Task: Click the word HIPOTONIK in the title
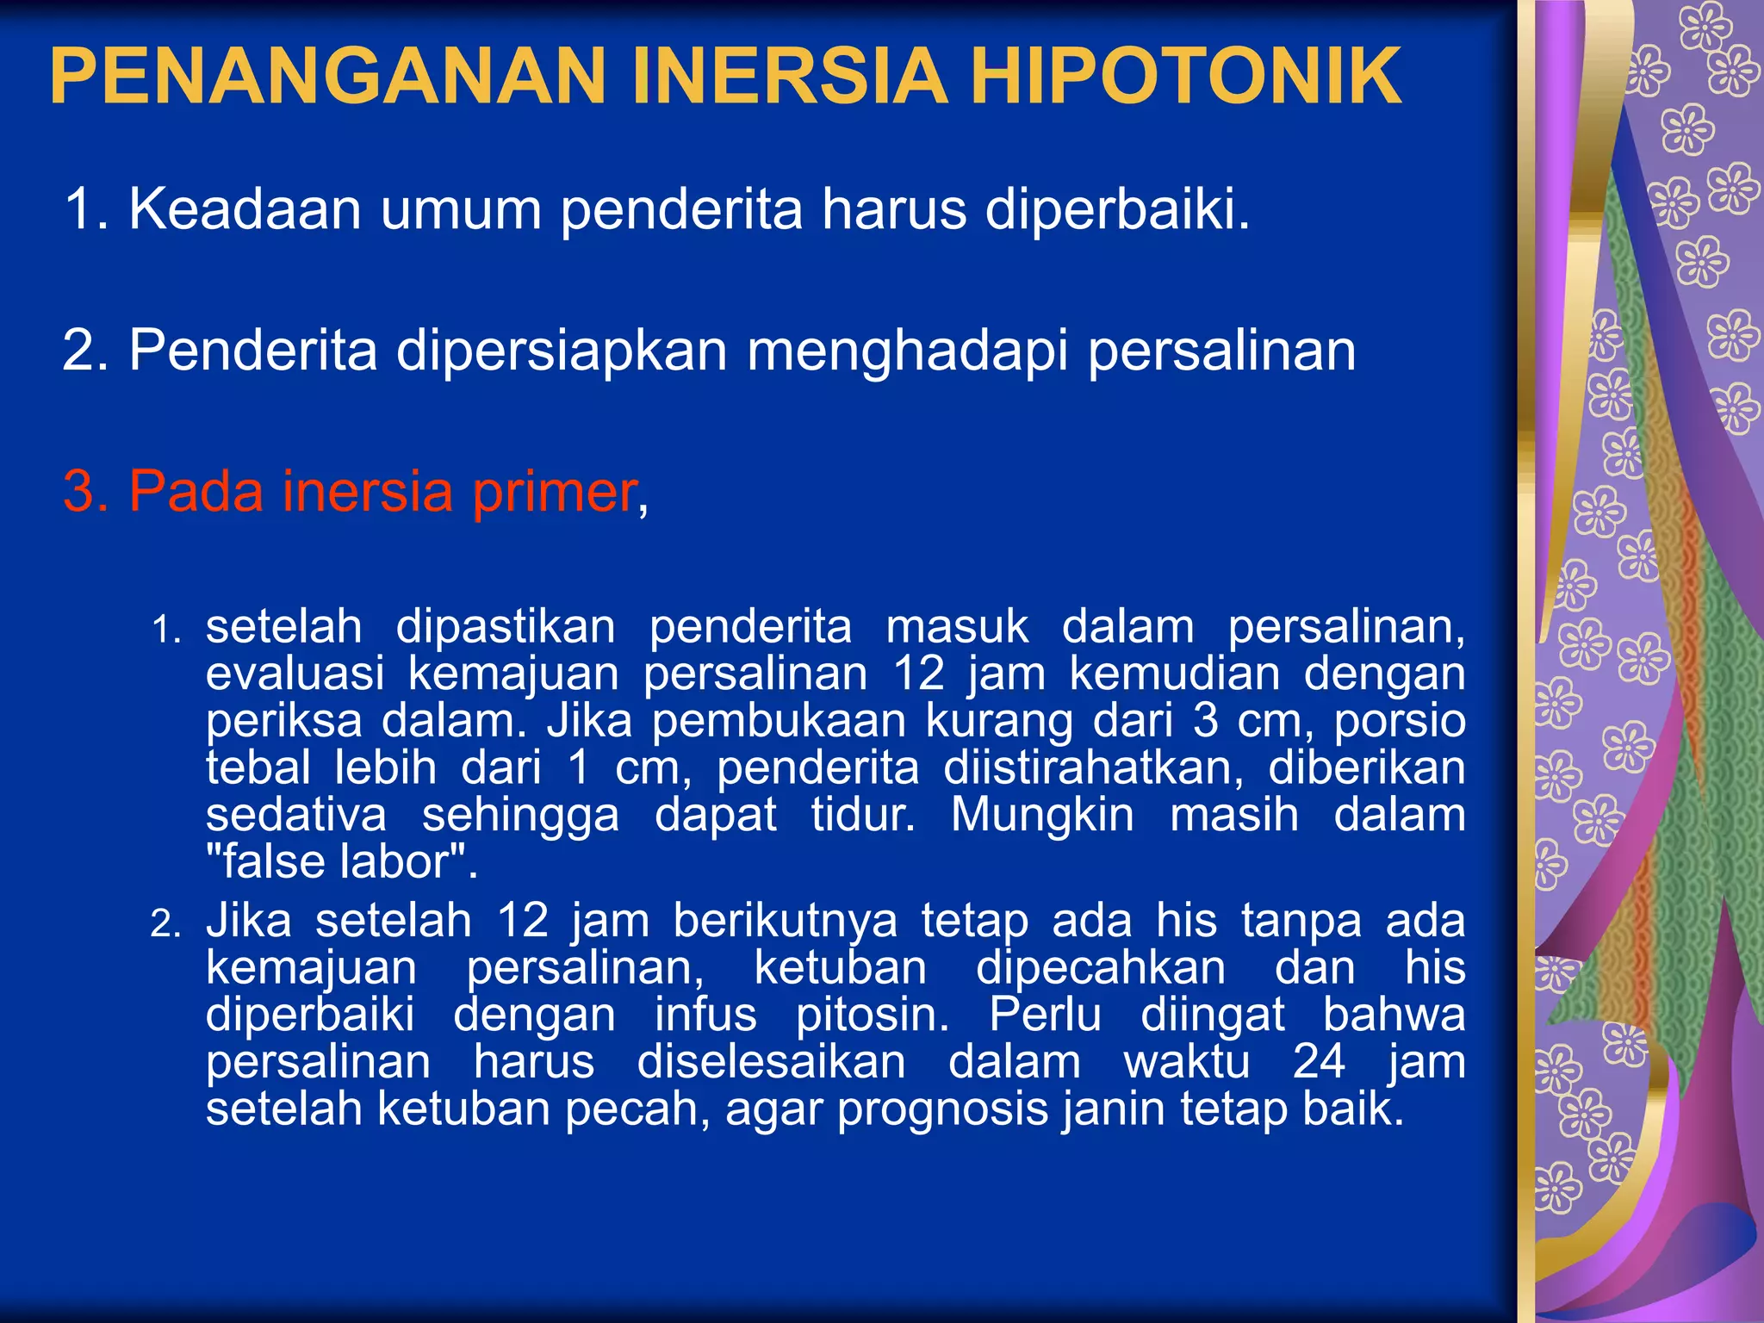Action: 1186,76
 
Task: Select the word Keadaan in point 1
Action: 245,209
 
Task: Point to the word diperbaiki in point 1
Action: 1116,209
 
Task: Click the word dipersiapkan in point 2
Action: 561,351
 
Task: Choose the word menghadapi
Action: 907,351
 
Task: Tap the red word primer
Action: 554,493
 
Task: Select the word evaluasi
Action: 295,673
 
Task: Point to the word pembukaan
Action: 779,720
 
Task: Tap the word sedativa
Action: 296,815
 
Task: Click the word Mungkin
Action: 1042,815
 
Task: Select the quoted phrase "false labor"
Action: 342,862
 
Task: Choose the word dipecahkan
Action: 1100,967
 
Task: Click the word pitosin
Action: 872,1015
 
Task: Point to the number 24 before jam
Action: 1318,1061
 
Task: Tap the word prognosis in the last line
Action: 943,1109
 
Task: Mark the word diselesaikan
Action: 771,1061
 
